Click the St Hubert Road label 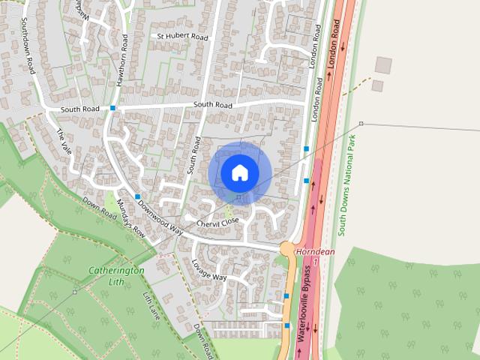(x=181, y=36)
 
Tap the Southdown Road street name (x=29, y=45)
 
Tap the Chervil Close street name (x=217, y=222)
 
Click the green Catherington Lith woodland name (x=116, y=275)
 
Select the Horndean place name (x=315, y=252)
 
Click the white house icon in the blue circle (x=239, y=172)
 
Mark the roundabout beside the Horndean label (x=286, y=248)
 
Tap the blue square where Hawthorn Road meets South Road (x=112, y=108)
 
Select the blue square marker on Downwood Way (x=138, y=196)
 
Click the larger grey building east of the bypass (x=383, y=65)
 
